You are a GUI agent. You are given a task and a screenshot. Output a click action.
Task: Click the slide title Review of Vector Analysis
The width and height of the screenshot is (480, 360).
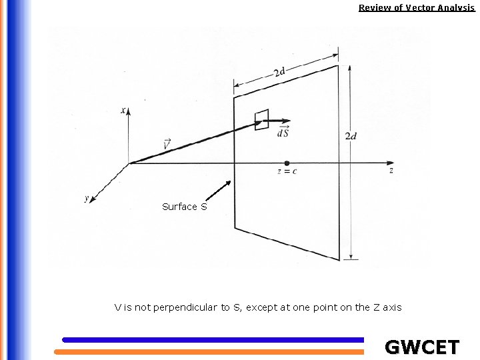pos(416,8)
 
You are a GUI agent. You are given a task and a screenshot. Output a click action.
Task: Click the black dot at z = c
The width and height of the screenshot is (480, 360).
pos(287,163)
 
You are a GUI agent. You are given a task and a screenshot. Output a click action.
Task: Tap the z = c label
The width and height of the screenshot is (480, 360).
pos(287,171)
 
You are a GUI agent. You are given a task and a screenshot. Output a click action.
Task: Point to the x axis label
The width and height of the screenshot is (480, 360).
pos(124,110)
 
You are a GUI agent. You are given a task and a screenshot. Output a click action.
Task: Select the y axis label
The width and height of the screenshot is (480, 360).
pos(87,198)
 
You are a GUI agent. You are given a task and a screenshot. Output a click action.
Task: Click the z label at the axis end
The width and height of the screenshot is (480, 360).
pos(391,171)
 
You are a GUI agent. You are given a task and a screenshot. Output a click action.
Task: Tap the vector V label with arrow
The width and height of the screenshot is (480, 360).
pos(166,143)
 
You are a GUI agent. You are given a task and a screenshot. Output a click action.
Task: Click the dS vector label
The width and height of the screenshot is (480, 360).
pos(283,131)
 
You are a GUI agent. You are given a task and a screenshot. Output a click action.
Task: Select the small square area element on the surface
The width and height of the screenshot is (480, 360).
pos(262,119)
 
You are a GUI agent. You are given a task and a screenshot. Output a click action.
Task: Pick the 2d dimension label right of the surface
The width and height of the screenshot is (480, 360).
pos(351,136)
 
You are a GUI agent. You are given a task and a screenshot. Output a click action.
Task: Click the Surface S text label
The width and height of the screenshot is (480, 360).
pos(185,207)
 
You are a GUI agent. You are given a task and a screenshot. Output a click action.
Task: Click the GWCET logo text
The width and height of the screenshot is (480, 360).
pos(422,347)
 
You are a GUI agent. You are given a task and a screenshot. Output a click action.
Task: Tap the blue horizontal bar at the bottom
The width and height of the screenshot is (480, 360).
pos(213,340)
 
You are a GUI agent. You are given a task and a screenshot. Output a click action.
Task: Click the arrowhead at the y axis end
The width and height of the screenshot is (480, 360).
pos(91,201)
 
